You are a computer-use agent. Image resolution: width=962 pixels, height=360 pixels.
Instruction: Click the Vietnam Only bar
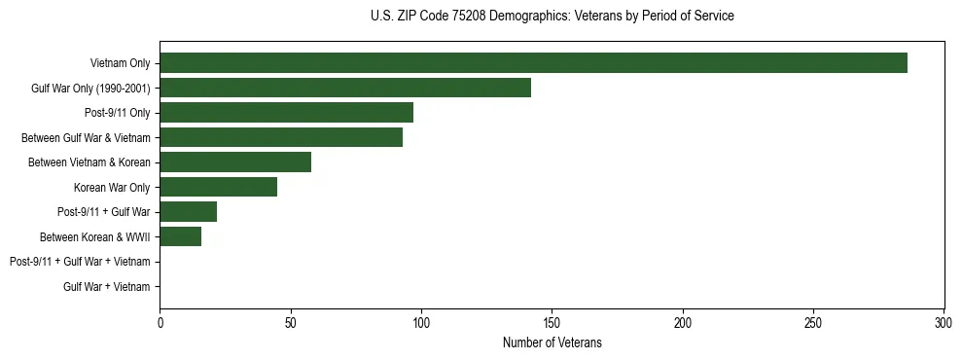coord(533,63)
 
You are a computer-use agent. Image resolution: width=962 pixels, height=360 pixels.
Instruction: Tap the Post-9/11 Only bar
coord(286,113)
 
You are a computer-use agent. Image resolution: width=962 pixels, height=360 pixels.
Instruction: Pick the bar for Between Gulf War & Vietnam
coord(281,137)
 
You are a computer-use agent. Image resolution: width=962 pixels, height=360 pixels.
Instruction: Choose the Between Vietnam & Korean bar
coord(235,162)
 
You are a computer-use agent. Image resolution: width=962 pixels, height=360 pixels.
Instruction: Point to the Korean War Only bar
coord(218,187)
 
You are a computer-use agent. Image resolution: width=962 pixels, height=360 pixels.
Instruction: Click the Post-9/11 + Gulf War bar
coord(188,212)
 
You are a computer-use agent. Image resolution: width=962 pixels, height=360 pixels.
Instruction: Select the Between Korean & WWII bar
coord(180,236)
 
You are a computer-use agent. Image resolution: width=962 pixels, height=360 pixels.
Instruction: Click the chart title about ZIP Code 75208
coord(552,17)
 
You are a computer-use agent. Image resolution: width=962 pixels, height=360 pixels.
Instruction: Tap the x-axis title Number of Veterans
coord(552,342)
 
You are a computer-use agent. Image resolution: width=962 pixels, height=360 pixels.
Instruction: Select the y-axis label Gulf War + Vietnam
coord(107,286)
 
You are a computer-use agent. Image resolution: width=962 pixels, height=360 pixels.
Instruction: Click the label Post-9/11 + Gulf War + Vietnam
coord(80,262)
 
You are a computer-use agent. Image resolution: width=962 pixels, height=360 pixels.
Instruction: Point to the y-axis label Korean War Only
coord(112,187)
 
